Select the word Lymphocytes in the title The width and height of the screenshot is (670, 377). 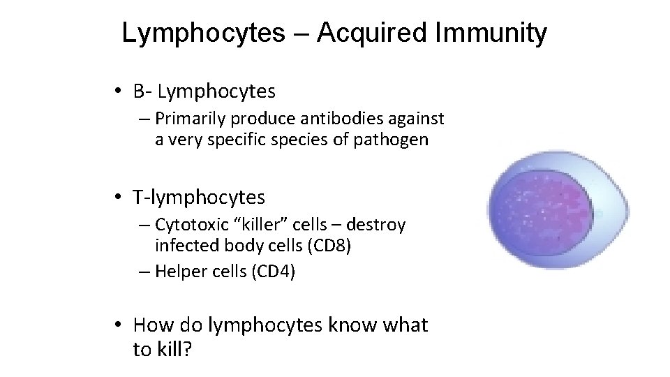[x=203, y=33]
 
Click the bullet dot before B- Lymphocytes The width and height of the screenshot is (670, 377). [x=121, y=91]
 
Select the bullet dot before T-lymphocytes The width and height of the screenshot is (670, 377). [x=121, y=198]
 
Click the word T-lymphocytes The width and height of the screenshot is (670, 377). [x=199, y=198]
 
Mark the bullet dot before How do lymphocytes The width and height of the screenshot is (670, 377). [x=121, y=325]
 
